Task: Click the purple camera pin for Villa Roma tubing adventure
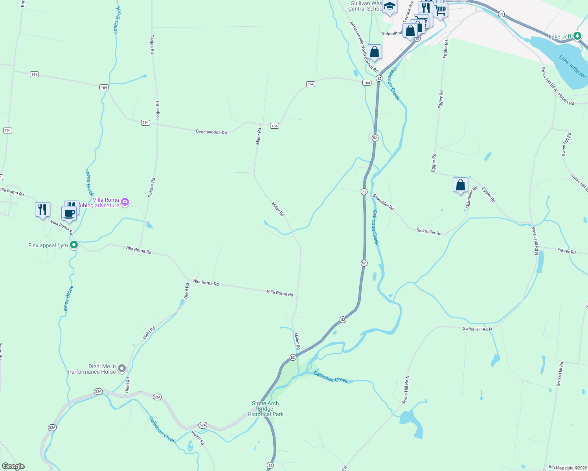125,202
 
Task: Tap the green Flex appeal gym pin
73,245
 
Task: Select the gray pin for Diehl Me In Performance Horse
122,368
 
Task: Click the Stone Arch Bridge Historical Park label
266,409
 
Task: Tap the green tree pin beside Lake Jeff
577,36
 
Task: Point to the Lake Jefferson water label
573,67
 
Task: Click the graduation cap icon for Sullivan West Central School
390,7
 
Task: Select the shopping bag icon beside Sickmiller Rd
460,184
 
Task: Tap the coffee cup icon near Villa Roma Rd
69,214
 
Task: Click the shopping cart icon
441,10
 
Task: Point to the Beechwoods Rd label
211,132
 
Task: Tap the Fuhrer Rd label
566,251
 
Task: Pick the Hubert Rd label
566,100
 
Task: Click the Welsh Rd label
198,437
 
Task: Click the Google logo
13,466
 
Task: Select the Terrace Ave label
409,11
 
